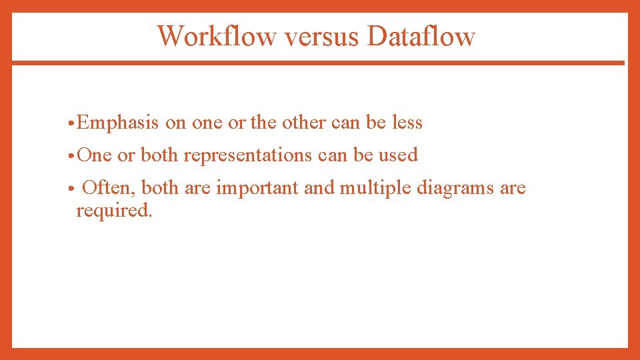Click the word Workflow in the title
216,36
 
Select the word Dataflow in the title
421,36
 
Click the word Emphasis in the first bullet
118,123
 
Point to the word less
407,123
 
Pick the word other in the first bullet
304,123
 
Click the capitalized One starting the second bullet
95,155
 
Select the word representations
247,155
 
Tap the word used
398,155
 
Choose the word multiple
375,188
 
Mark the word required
114,211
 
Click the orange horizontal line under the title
318,63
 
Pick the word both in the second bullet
159,155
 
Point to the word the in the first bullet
263,123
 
